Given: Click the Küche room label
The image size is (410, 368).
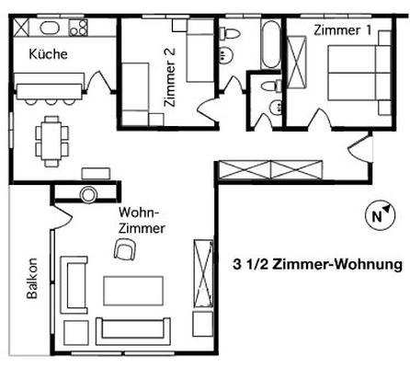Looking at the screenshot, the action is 48,54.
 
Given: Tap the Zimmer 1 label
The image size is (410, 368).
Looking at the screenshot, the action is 342,30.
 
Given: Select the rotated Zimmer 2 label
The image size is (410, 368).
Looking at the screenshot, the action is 169,77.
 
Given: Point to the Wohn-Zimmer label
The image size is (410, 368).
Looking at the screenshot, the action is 142,221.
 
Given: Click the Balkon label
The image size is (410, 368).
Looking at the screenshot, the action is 32,278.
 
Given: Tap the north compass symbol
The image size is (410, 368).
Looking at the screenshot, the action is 381,215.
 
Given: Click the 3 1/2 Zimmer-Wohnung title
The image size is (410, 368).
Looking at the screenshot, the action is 317,264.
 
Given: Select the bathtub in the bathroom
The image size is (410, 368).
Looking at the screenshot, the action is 270,44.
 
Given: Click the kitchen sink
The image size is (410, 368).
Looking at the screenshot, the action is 50,28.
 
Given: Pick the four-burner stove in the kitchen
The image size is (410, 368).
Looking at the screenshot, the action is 78,28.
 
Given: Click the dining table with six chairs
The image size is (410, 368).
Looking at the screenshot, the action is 51,142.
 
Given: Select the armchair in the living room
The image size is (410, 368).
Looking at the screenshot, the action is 125,249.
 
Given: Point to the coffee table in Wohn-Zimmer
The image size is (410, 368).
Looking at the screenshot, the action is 133,291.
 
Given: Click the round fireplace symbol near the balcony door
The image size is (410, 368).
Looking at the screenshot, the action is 88,194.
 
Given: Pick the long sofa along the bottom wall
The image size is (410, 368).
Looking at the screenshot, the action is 133,331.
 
